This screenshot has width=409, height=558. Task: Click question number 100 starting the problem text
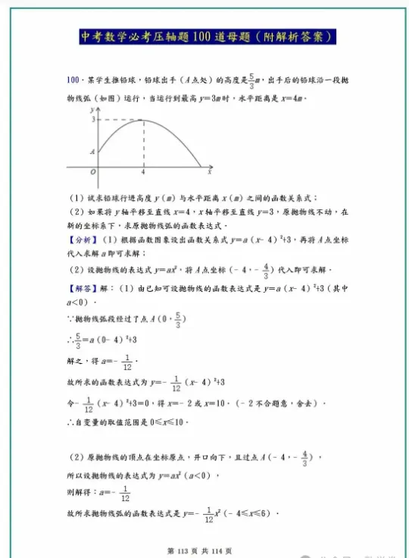point(73,80)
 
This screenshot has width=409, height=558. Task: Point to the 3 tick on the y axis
point(94,120)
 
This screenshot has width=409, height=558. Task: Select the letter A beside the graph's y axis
point(93,152)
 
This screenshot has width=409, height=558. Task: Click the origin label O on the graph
point(93,172)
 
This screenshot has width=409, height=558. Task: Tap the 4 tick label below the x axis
point(143,173)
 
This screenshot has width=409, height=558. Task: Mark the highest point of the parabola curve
point(144,120)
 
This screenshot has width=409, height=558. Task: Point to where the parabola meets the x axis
point(200,165)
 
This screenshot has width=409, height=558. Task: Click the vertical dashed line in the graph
point(144,144)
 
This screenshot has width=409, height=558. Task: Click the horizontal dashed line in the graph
point(121,120)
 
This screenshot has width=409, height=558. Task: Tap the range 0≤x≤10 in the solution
point(165,422)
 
